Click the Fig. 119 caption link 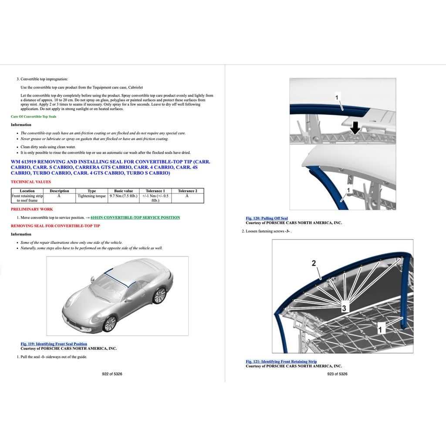[54, 344]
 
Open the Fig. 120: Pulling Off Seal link [267, 218]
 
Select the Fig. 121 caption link [281, 362]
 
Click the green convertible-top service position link [135, 217]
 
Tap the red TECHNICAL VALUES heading [30, 182]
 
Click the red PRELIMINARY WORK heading [32, 209]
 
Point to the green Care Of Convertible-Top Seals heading [34, 117]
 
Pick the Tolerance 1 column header [155, 191]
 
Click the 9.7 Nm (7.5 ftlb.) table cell [123, 196]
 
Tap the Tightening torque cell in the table [91, 196]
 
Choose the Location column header [27, 191]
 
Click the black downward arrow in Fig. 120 [355, 127]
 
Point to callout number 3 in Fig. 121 [344, 308]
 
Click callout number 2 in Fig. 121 [314, 263]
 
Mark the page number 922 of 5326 [112, 374]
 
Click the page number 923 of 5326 [337, 374]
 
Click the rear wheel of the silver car [159, 295]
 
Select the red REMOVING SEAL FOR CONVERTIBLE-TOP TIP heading [55, 226]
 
